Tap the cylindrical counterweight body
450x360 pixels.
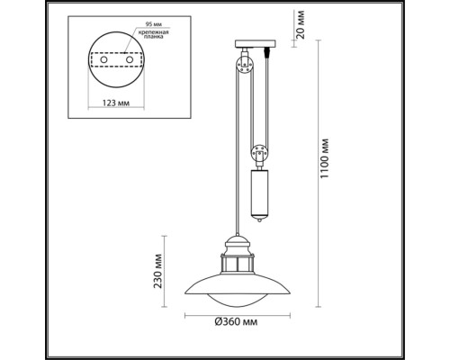261,190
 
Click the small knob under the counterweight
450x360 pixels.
261,220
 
